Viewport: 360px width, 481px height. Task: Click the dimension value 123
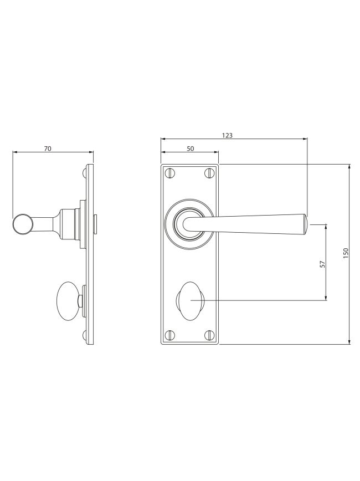227,135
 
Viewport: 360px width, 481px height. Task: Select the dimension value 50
191,149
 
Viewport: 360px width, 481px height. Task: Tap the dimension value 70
48,149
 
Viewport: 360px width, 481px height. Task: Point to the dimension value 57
322,264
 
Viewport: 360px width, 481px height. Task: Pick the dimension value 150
346,253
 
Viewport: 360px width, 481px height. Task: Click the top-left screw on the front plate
170,173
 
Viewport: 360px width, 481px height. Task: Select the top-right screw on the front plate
209,173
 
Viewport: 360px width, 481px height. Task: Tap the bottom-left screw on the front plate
170,335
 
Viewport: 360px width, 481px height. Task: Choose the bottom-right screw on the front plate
209,335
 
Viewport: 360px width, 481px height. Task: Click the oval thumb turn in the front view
191,301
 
